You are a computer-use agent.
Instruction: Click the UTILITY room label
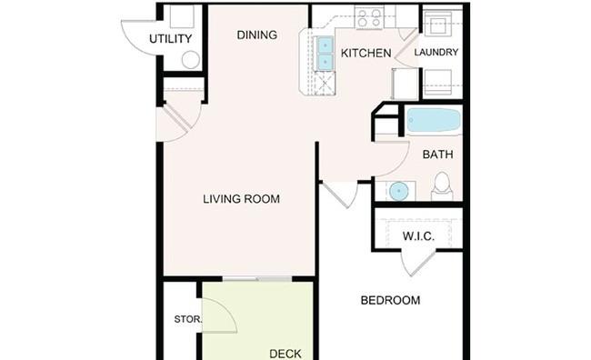click(x=170, y=39)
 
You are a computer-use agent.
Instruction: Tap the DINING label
click(x=257, y=35)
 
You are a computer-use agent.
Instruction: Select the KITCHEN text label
click(x=366, y=53)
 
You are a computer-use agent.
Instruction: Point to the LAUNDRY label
click(x=436, y=53)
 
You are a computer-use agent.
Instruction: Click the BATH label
click(x=437, y=155)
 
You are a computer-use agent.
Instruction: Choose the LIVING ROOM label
click(x=242, y=199)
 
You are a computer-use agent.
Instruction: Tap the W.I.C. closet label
click(x=418, y=236)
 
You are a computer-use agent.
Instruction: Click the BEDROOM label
click(x=390, y=300)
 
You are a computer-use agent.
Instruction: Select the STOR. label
click(x=188, y=319)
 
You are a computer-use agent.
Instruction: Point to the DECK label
click(x=285, y=354)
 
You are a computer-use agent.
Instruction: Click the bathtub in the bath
click(x=434, y=120)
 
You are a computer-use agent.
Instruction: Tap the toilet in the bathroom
click(x=442, y=186)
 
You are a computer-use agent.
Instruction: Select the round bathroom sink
click(x=397, y=191)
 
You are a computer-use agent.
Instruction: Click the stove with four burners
click(x=368, y=18)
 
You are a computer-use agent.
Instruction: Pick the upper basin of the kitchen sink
click(x=325, y=45)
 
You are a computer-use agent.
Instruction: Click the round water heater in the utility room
click(x=191, y=60)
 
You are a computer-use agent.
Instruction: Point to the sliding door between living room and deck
click(x=257, y=278)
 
